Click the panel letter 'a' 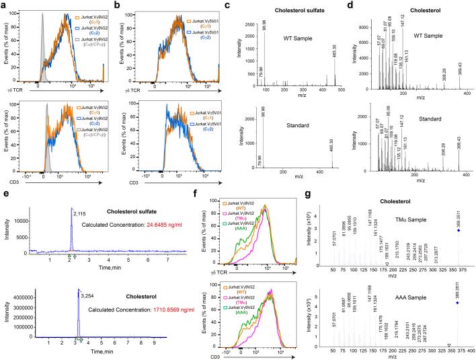pos(5,5)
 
